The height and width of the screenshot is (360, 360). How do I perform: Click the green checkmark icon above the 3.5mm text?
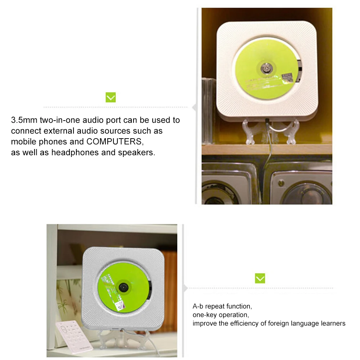[111, 97]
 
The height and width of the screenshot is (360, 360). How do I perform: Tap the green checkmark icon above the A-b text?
[260, 278]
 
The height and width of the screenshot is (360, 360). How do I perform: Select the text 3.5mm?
[24, 120]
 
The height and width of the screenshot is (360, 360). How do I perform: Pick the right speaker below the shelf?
[302, 186]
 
